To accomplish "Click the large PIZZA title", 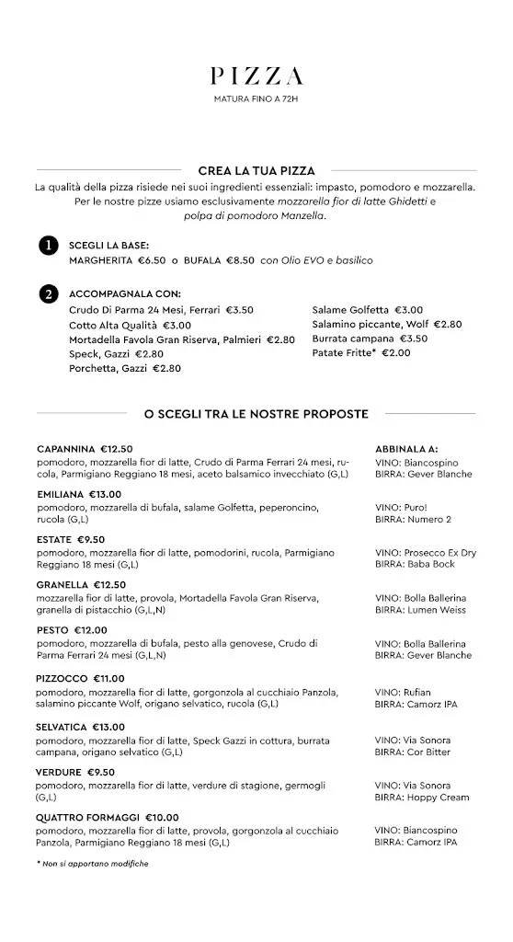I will (256, 77).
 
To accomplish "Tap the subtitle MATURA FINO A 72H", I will (256, 98).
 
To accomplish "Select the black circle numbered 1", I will (47, 246).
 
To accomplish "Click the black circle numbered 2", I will (47, 294).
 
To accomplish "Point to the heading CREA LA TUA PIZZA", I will (256, 171).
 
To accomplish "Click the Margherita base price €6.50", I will (152, 260).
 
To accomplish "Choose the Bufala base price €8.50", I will (240, 260).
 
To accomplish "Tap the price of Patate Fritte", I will (396, 352).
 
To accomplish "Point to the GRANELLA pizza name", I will (62, 584).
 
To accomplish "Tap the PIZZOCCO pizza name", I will (63, 679).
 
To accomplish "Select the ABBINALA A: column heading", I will (406, 449).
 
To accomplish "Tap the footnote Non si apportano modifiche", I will (93, 865).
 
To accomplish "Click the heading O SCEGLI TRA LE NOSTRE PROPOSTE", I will (256, 414).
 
